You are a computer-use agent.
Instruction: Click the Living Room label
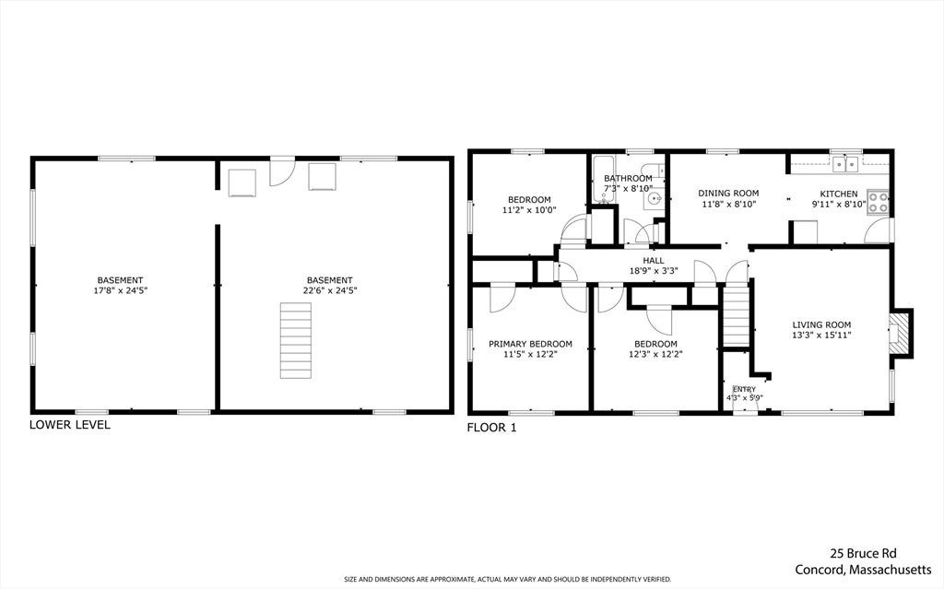(821, 324)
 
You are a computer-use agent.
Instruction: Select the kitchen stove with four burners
(878, 201)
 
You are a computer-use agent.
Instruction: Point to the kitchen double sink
(845, 163)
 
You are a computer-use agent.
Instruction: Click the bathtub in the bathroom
(602, 178)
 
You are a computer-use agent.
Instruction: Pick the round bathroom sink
(653, 198)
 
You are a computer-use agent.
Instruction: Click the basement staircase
(296, 340)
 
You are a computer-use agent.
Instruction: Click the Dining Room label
(728, 194)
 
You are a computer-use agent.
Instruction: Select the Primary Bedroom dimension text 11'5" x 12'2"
(530, 354)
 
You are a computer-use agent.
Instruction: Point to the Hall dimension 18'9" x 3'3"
(654, 271)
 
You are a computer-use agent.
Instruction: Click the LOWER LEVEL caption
(70, 425)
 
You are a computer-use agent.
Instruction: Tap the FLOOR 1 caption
(492, 429)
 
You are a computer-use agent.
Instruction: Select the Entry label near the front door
(744, 390)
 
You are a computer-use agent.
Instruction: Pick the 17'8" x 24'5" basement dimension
(121, 290)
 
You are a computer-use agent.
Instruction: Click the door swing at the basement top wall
(281, 171)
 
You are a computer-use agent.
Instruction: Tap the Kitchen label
(839, 194)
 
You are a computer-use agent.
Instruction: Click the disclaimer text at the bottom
(507, 580)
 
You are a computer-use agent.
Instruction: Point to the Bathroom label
(628, 178)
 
